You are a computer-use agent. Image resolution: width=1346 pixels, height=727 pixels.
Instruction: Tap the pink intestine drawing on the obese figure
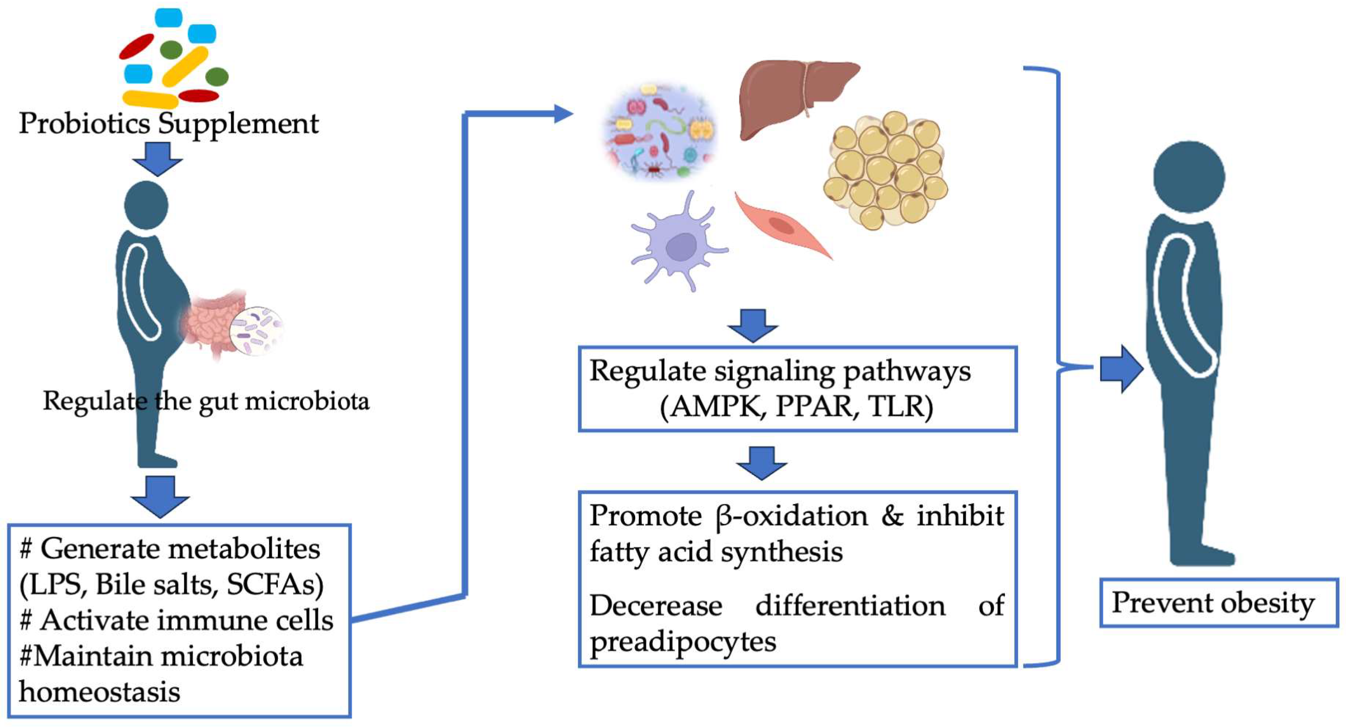click(x=209, y=324)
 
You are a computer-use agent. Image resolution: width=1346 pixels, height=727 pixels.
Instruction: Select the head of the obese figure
click(x=146, y=205)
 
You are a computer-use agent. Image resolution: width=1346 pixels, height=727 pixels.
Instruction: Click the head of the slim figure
click(x=1188, y=177)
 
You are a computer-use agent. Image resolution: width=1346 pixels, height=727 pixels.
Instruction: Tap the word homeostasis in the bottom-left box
click(x=99, y=692)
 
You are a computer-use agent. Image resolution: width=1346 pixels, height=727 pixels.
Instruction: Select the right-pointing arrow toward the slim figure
click(x=1121, y=369)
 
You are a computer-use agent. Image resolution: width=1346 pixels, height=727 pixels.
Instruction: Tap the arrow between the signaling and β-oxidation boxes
click(x=762, y=463)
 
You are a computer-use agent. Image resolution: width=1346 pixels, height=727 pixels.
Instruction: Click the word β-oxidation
click(x=792, y=516)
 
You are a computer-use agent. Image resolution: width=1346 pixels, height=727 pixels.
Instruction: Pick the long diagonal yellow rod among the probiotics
click(x=185, y=66)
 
